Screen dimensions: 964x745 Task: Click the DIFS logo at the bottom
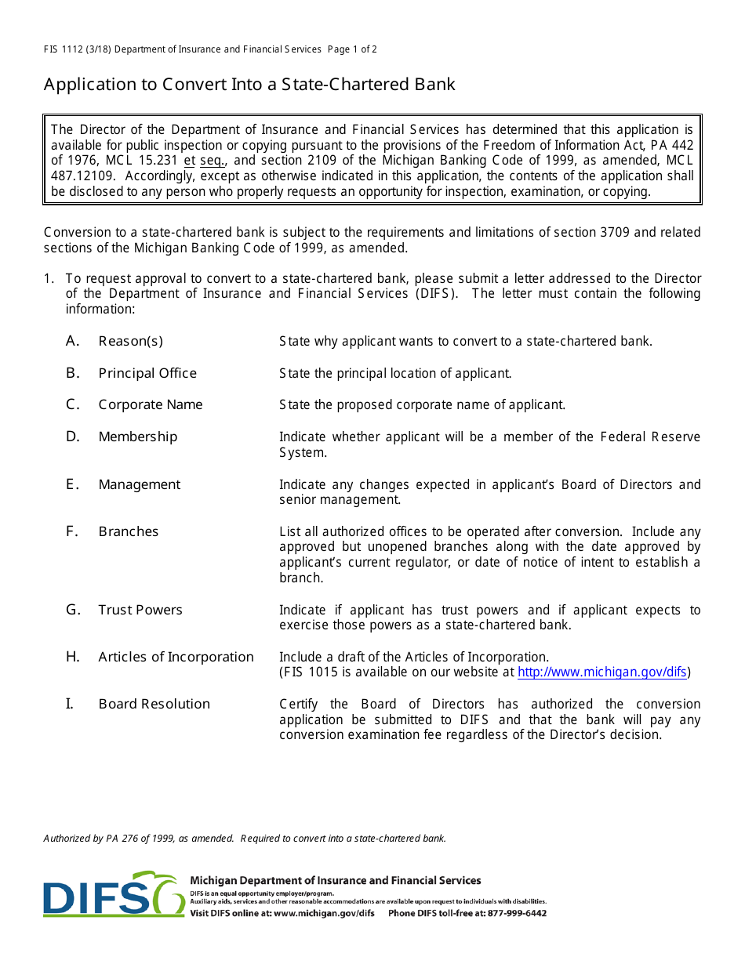[114, 895]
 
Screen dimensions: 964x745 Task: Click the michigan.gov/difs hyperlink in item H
[601, 672]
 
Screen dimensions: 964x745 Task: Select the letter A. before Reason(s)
[73, 341]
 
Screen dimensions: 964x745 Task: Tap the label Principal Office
[147, 373]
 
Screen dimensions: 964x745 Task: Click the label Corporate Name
[151, 404]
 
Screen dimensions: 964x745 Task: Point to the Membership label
[138, 437]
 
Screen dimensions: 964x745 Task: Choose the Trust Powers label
[140, 610]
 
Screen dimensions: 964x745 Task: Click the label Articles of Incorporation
[176, 657]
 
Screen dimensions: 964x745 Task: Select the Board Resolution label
[154, 704]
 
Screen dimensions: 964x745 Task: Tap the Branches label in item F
[129, 531]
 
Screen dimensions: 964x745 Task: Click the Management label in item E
[140, 484]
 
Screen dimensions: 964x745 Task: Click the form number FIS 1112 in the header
[65, 49]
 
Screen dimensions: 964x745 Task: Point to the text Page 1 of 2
[352, 49]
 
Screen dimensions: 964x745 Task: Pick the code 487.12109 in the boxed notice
[80, 176]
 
